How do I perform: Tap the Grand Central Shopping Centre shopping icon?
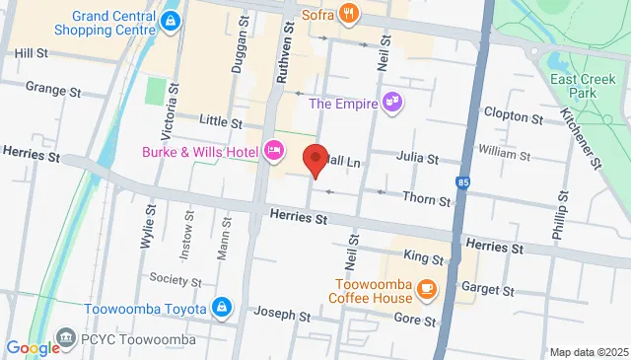(172, 20)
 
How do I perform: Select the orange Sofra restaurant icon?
(347, 13)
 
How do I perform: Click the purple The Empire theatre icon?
(392, 102)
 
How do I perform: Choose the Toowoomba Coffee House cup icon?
(426, 288)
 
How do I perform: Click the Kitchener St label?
(595, 137)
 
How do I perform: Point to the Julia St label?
(417, 156)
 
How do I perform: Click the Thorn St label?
(428, 200)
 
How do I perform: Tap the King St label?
(423, 258)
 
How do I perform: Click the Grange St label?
(52, 89)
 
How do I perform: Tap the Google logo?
(33, 347)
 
